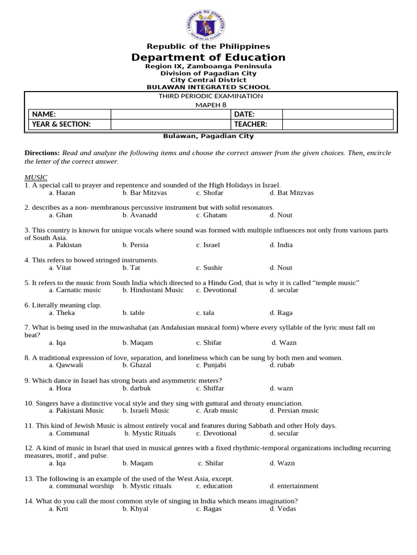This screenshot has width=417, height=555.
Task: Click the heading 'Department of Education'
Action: click(x=208, y=57)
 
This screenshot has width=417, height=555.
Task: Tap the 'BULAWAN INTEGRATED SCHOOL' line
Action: click(x=208, y=87)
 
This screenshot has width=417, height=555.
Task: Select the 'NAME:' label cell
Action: click(x=69, y=114)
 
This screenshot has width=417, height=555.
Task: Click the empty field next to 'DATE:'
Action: click(x=337, y=114)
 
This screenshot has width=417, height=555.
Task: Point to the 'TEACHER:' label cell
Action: click(x=256, y=124)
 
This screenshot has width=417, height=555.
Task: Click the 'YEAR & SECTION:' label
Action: click(x=69, y=124)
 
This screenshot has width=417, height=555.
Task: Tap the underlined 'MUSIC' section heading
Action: click(x=36, y=178)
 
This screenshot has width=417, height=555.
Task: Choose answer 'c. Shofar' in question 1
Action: click(x=210, y=193)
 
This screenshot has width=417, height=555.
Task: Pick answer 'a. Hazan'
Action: click(x=62, y=193)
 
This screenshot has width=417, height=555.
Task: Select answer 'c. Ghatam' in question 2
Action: click(x=211, y=215)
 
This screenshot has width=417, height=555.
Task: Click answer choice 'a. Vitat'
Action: click(x=60, y=268)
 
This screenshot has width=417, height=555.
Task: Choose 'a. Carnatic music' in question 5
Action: click(x=75, y=290)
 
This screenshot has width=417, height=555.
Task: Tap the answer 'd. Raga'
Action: click(x=281, y=313)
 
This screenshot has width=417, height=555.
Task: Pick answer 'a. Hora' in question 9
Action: click(x=60, y=388)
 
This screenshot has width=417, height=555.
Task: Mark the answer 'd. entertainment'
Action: click(x=294, y=486)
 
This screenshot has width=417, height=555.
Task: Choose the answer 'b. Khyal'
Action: click(x=135, y=509)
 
